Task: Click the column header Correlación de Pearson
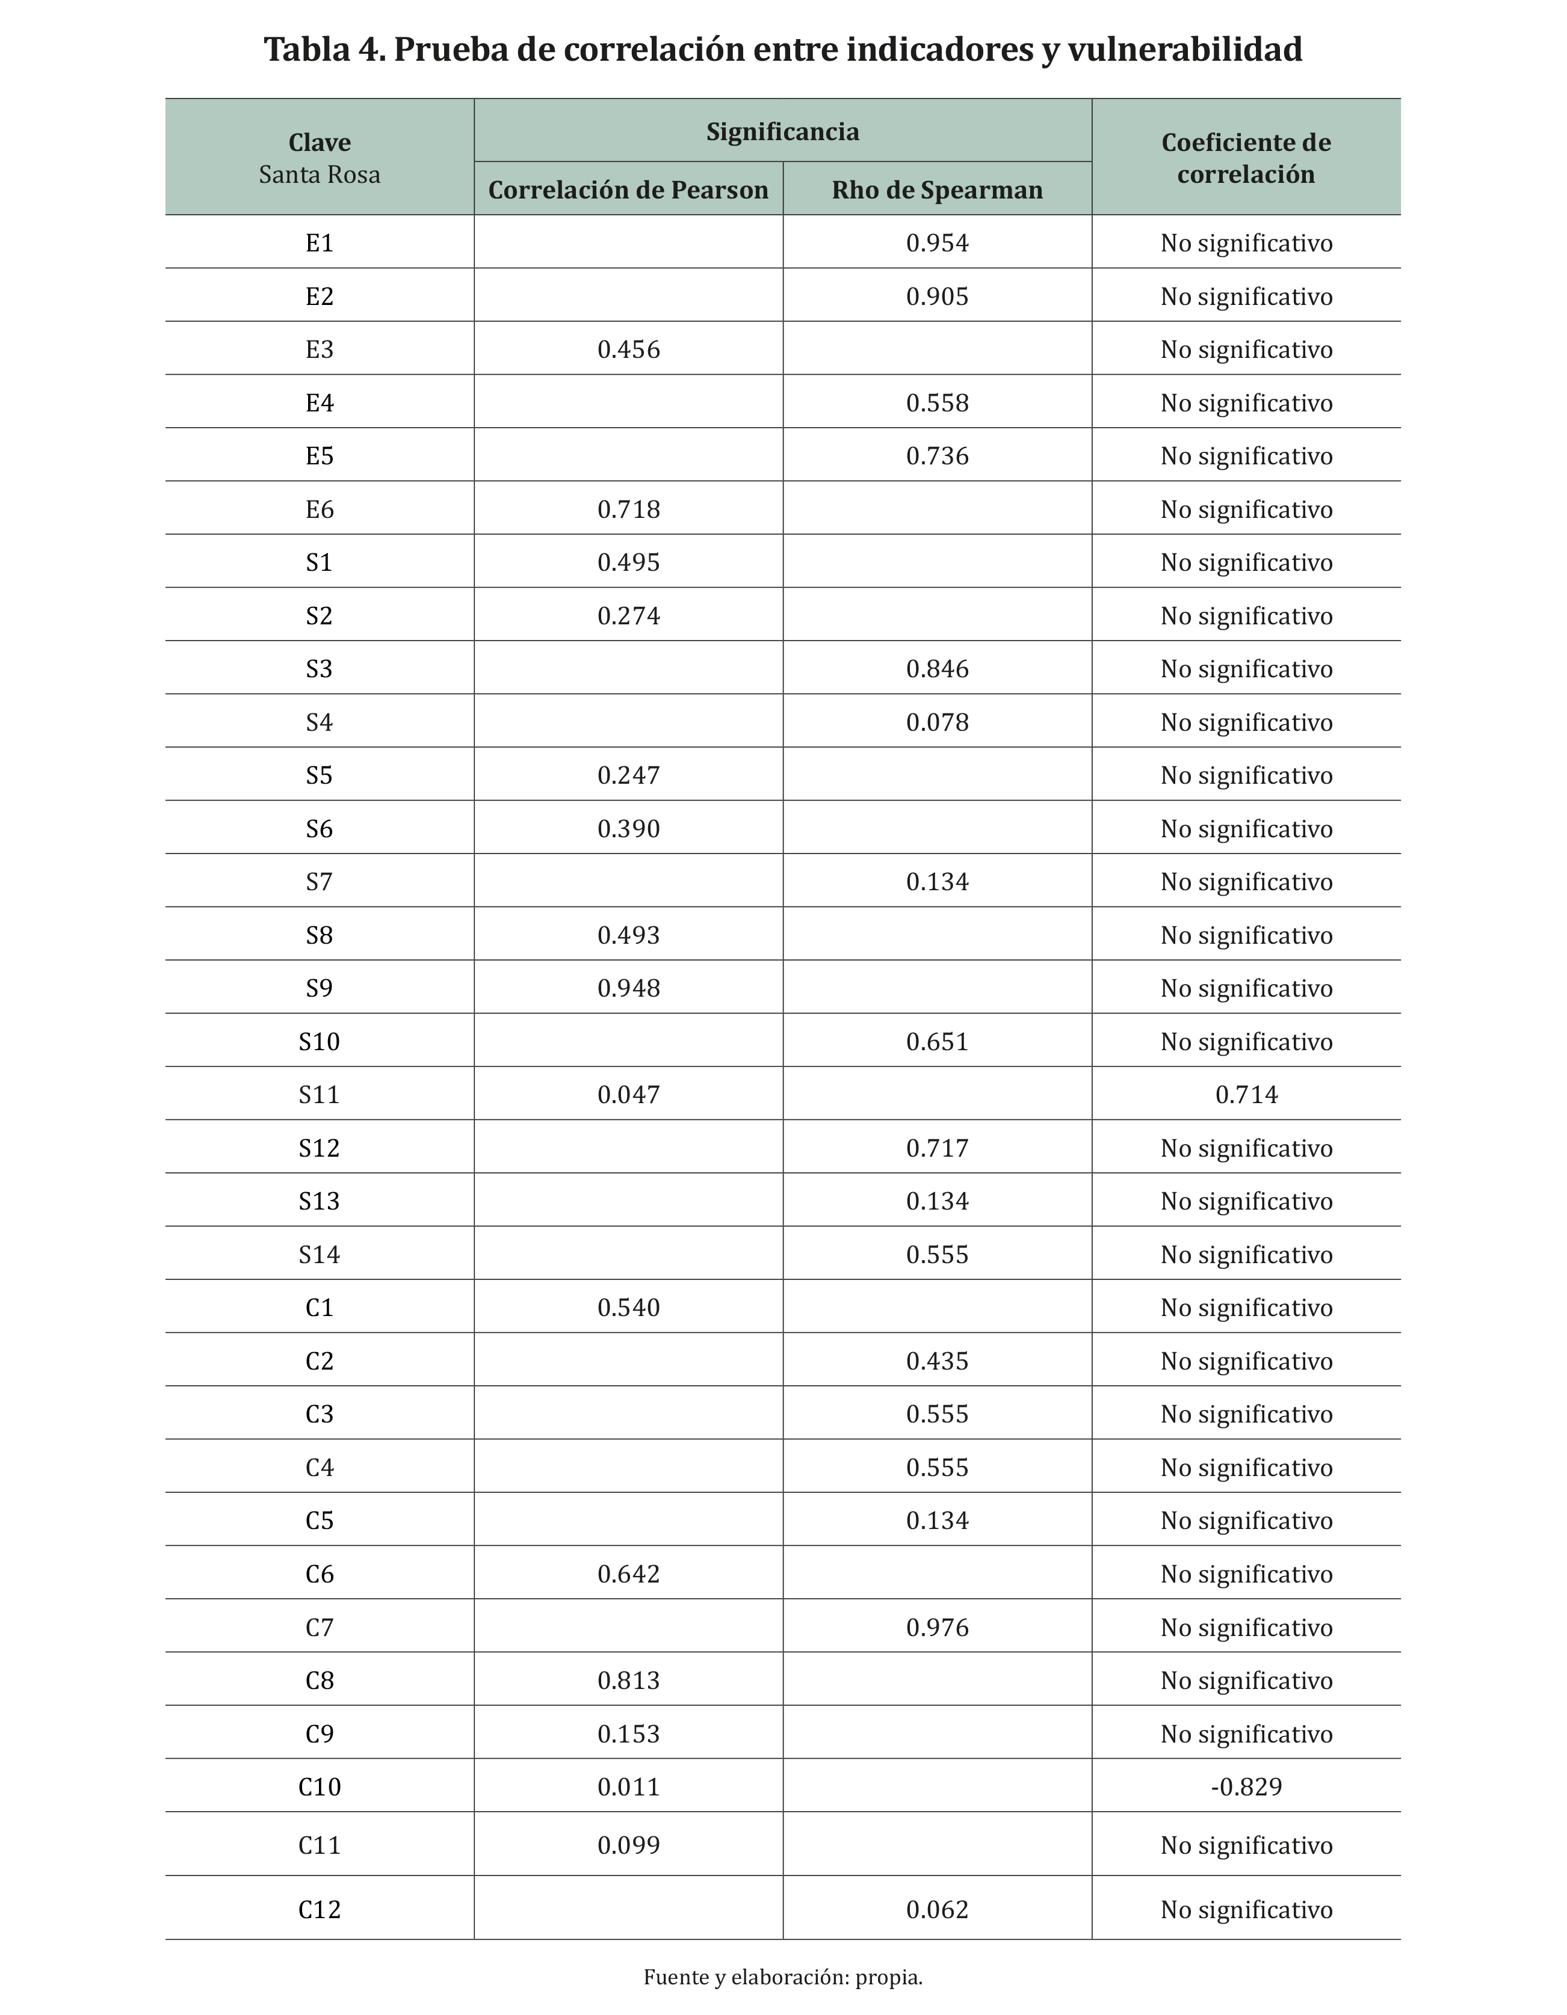pos(628,190)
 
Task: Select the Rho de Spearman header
pos(937,190)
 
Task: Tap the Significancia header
pos(782,132)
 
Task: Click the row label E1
pos(320,244)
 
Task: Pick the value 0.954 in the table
pos(937,244)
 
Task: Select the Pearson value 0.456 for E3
pos(628,349)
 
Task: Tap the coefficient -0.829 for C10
pos(1246,1787)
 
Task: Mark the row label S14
pos(320,1255)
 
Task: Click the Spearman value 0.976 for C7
pos(937,1628)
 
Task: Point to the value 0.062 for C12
pos(937,1910)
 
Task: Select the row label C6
pos(320,1574)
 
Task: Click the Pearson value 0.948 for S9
pos(628,989)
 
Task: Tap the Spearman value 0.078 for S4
pos(937,722)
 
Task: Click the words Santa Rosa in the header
pos(320,175)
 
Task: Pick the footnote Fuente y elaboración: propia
pos(782,1977)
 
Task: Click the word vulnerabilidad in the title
pos(1185,49)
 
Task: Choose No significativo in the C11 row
pos(1246,1845)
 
